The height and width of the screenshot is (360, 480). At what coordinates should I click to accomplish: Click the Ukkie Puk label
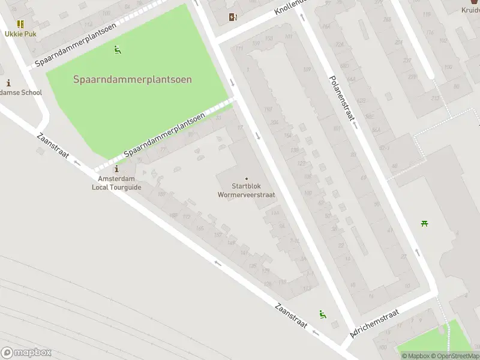point(20,34)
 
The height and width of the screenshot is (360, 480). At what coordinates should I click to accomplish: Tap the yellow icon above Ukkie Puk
point(20,24)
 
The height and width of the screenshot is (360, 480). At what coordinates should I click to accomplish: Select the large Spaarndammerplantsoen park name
point(133,79)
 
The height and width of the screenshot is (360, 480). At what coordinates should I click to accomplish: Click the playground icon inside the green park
point(118,50)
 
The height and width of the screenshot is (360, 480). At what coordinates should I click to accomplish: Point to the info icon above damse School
point(8,83)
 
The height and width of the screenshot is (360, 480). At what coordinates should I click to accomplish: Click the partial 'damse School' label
point(20,92)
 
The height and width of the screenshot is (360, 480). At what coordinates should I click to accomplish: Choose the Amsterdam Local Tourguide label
point(116,183)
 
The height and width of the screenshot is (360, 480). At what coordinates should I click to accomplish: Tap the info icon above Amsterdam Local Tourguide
point(116,170)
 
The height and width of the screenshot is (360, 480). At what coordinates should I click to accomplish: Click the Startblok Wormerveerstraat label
point(247,190)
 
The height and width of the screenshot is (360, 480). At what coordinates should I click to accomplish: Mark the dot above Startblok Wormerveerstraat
point(247,178)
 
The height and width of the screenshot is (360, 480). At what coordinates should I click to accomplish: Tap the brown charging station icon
point(233,17)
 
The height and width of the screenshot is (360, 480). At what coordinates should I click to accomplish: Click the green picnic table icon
point(425,223)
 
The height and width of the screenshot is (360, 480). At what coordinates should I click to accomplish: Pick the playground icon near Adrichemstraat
point(323,314)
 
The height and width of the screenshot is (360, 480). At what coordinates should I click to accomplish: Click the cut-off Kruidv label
point(470,10)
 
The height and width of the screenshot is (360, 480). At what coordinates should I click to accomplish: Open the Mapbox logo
point(26,353)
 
